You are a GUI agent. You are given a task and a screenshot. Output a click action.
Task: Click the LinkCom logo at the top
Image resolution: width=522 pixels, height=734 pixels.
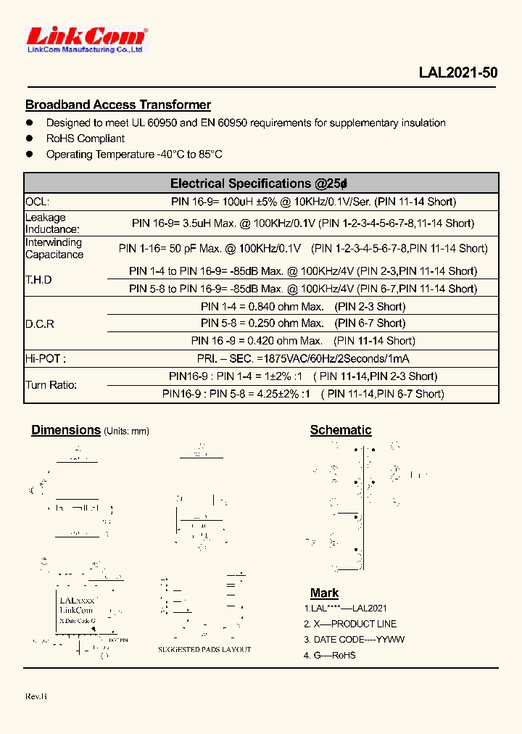pos(86,38)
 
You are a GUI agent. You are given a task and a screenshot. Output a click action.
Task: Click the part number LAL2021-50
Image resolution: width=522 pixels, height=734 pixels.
pos(457,73)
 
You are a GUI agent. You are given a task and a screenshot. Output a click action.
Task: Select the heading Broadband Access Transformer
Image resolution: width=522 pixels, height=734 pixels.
pos(118,105)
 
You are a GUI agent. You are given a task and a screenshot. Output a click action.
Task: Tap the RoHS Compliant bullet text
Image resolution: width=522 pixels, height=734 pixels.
pos(86,139)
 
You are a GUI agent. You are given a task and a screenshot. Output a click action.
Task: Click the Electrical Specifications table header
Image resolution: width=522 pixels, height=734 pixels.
pos(261,183)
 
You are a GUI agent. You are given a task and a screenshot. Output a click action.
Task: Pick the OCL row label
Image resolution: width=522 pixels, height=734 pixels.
pos(38,202)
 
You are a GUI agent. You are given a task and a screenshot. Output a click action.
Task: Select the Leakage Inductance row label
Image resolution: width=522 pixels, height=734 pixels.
pos(52,223)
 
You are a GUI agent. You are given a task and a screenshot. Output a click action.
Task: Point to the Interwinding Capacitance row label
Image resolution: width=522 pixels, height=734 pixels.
pos(54,248)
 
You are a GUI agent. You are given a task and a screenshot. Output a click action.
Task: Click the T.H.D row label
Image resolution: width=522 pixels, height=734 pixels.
pos(38,280)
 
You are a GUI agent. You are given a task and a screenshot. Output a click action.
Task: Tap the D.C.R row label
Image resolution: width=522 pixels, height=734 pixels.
pos(40,323)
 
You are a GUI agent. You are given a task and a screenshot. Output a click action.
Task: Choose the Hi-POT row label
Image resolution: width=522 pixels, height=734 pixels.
pos(45,358)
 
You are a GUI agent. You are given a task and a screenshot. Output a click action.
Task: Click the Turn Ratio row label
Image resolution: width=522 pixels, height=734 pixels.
pos(51,385)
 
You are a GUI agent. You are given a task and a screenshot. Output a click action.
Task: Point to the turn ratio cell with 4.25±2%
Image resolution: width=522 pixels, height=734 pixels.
pos(303,394)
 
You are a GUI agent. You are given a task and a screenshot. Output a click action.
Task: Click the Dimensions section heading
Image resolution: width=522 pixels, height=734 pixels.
pos(66,430)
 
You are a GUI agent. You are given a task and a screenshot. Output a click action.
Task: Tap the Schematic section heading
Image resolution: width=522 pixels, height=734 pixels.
pos(341,430)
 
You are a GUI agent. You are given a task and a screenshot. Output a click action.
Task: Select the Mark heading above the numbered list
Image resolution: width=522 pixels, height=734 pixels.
pos(324,593)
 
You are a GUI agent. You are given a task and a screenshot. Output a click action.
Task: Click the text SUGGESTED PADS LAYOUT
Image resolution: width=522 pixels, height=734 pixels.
pos(204,650)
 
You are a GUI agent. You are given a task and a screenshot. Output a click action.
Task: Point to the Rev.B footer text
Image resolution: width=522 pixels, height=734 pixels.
pos(36,696)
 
